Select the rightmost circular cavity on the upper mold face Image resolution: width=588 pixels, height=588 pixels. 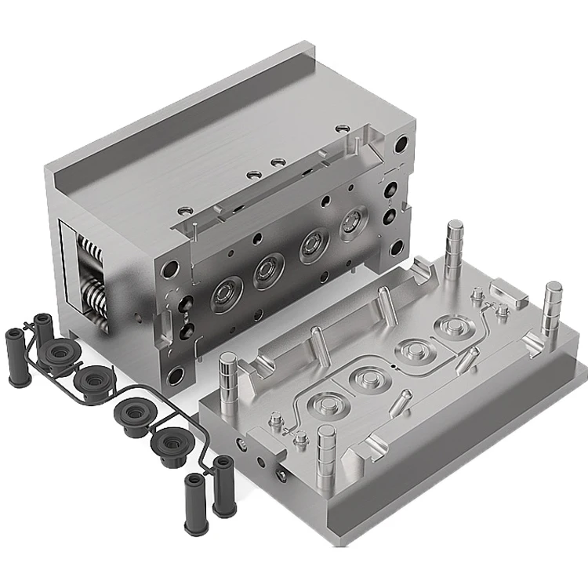click(353, 223)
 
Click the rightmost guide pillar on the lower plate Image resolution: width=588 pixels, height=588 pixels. click(552, 301)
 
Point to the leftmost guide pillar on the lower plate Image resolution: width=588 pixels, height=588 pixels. click(227, 374)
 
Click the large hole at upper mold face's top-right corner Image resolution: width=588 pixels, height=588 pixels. click(401, 145)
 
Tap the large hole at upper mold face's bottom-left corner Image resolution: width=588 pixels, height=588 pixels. click(176, 376)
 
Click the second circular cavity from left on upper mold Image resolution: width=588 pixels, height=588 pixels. click(267, 271)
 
